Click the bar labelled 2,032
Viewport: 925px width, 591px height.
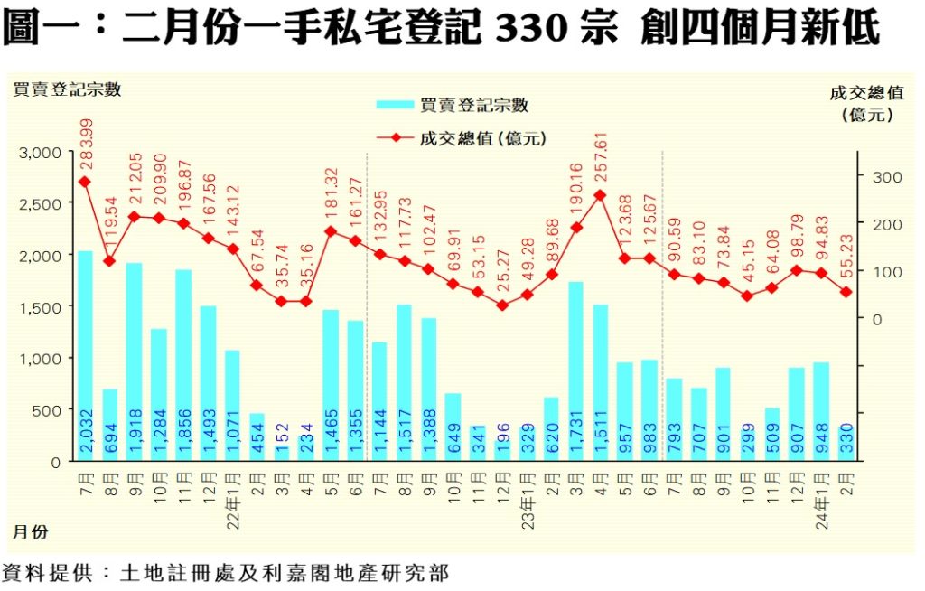pos(84,356)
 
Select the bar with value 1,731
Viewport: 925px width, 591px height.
pos(575,371)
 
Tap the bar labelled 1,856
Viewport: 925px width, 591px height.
pos(182,365)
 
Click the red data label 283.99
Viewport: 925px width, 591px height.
pos(86,142)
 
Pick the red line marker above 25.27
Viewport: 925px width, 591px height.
pos(502,305)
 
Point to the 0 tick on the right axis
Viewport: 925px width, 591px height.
pos(875,319)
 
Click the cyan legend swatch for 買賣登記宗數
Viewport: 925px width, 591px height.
pos(396,106)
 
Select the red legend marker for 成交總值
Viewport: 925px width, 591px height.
pos(396,138)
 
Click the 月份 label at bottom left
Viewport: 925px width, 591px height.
pos(29,532)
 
